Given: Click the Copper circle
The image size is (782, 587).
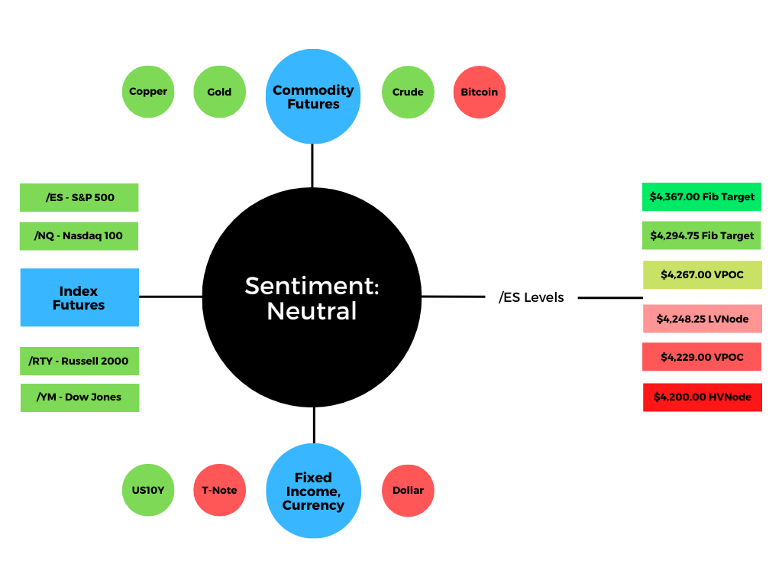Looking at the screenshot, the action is click(x=148, y=92).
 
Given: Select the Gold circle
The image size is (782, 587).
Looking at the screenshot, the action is click(x=219, y=92).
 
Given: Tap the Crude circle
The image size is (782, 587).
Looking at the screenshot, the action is click(x=408, y=92).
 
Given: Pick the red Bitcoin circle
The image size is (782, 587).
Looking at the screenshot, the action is click(x=480, y=92).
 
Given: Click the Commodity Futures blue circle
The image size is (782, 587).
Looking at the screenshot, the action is click(x=313, y=96).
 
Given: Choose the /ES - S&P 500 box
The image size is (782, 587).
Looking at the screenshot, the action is click(x=79, y=198).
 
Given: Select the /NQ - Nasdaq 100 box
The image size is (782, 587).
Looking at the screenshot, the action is click(x=79, y=236).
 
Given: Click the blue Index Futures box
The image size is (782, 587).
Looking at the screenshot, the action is click(x=79, y=297).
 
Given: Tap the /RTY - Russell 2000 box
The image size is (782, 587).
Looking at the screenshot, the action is click(x=79, y=361).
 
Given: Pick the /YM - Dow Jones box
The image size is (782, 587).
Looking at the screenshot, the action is click(x=79, y=397).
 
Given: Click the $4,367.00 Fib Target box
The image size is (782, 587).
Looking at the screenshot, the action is click(x=702, y=196).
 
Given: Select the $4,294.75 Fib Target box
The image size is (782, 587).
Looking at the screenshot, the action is click(x=702, y=235).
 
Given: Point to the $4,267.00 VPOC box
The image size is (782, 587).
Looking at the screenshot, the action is click(x=703, y=274).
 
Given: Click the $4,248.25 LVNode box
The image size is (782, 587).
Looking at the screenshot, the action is click(x=703, y=319).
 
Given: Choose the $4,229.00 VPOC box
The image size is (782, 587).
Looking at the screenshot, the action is click(x=702, y=357).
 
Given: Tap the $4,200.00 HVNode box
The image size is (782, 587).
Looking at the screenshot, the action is click(x=703, y=397).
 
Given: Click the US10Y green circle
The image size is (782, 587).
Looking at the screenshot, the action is click(x=148, y=490).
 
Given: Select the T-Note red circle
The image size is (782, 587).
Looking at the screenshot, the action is click(x=219, y=490).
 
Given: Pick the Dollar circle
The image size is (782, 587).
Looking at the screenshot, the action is click(x=408, y=491).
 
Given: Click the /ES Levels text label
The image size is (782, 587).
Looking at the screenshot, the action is click(x=532, y=297).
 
